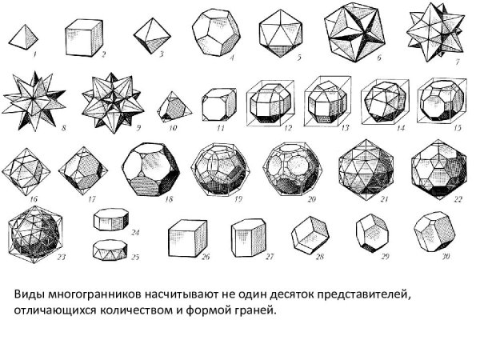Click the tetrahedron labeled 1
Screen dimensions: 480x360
tap(23, 38)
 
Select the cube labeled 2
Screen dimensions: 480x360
tap(84, 38)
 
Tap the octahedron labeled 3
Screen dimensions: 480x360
tap(152, 36)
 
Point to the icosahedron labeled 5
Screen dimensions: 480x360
tap(281, 34)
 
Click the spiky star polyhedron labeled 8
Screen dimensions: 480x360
tap(34, 102)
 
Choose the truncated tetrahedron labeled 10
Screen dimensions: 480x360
tap(174, 106)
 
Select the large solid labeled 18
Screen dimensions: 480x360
tap(151, 170)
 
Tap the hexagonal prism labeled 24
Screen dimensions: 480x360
tap(111, 219)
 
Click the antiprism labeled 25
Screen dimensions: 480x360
tap(110, 250)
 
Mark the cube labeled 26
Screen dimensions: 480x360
tap(188, 238)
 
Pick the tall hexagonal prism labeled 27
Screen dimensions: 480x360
tap(249, 238)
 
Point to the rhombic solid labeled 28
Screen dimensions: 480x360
tap(310, 234)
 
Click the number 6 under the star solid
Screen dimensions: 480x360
tap(379, 58)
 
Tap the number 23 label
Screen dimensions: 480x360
tap(61, 257)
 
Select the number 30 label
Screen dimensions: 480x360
tap(446, 256)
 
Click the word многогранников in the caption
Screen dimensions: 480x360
tap(95, 294)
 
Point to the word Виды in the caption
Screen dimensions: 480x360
tap(30, 294)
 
